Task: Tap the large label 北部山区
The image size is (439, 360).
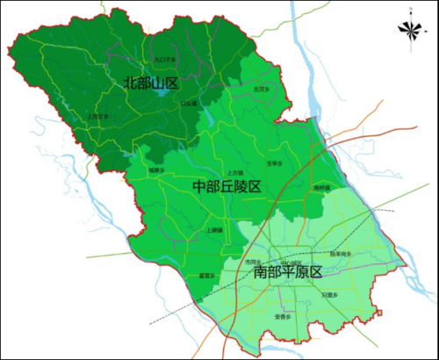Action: (x=151, y=83)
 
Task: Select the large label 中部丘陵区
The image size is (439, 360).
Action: (x=227, y=187)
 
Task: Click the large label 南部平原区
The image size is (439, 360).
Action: (x=288, y=272)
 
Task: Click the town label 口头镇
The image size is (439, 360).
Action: (x=189, y=104)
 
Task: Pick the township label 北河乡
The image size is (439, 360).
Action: (x=261, y=89)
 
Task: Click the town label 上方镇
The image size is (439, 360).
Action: (x=234, y=172)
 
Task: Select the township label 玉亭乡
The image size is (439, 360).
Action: (x=273, y=163)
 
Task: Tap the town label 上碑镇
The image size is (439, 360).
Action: (x=214, y=230)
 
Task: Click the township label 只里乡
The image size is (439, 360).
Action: (x=329, y=295)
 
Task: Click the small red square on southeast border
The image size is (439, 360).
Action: (x=379, y=309)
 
